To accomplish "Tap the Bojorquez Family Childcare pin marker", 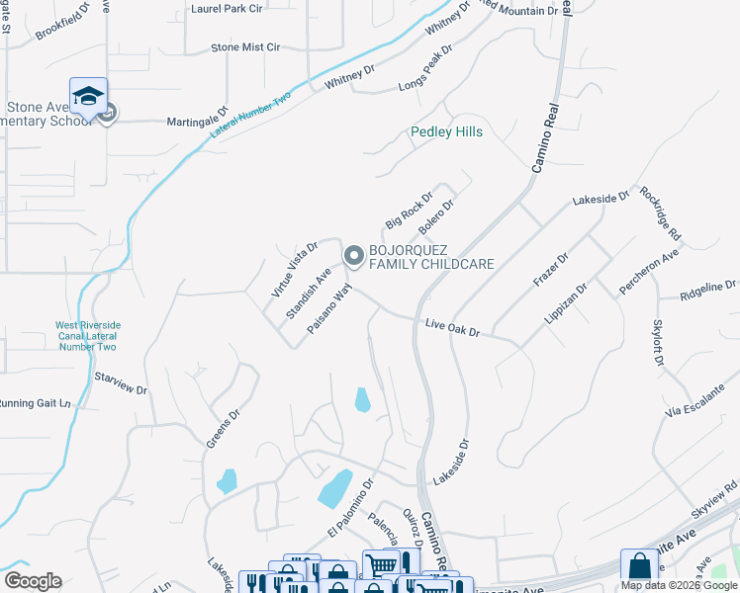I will (x=353, y=257).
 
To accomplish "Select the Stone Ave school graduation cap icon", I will (x=89, y=96).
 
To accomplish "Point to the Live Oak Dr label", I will (x=452, y=327).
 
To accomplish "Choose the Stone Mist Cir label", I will (x=246, y=46).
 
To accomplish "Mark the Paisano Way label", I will (x=329, y=308).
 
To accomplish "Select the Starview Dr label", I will (x=120, y=383).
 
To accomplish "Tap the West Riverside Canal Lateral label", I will (x=88, y=335).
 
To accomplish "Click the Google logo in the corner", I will (x=33, y=581).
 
